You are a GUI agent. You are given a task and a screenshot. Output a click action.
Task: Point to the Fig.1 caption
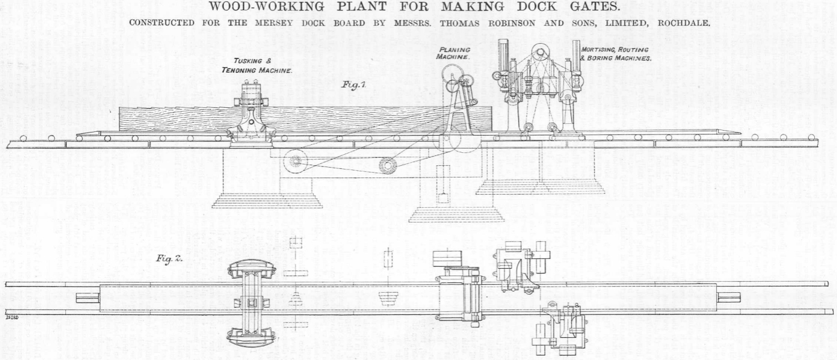point(355,86)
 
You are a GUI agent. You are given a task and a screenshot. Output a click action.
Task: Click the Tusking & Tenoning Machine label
point(257,66)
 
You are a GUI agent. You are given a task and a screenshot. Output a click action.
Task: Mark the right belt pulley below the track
point(389,165)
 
